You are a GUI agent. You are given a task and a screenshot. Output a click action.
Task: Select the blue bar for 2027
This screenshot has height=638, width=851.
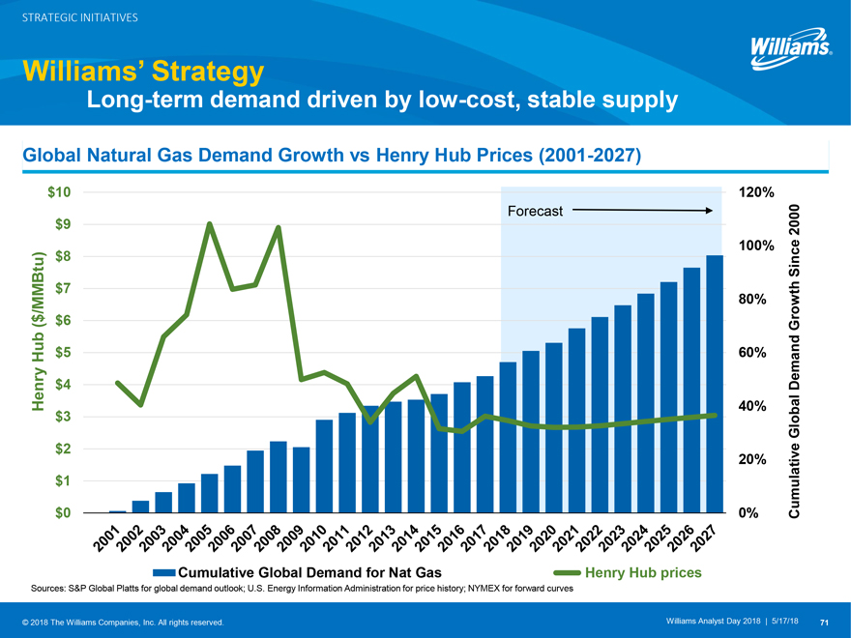pyautogui.click(x=715, y=384)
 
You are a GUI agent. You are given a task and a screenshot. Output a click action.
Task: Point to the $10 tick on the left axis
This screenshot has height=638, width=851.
pyautogui.click(x=58, y=192)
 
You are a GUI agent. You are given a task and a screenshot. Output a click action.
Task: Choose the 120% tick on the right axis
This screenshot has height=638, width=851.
pyautogui.click(x=754, y=192)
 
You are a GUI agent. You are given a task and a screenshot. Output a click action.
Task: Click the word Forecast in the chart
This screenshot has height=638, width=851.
pyautogui.click(x=535, y=211)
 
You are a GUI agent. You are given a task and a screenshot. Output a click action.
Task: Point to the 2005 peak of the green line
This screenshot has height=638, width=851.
pyautogui.click(x=210, y=224)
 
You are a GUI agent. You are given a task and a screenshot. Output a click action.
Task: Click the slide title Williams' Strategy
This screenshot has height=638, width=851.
pyautogui.click(x=142, y=72)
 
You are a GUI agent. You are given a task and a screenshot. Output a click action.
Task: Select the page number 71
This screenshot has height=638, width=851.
pyautogui.click(x=824, y=621)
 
